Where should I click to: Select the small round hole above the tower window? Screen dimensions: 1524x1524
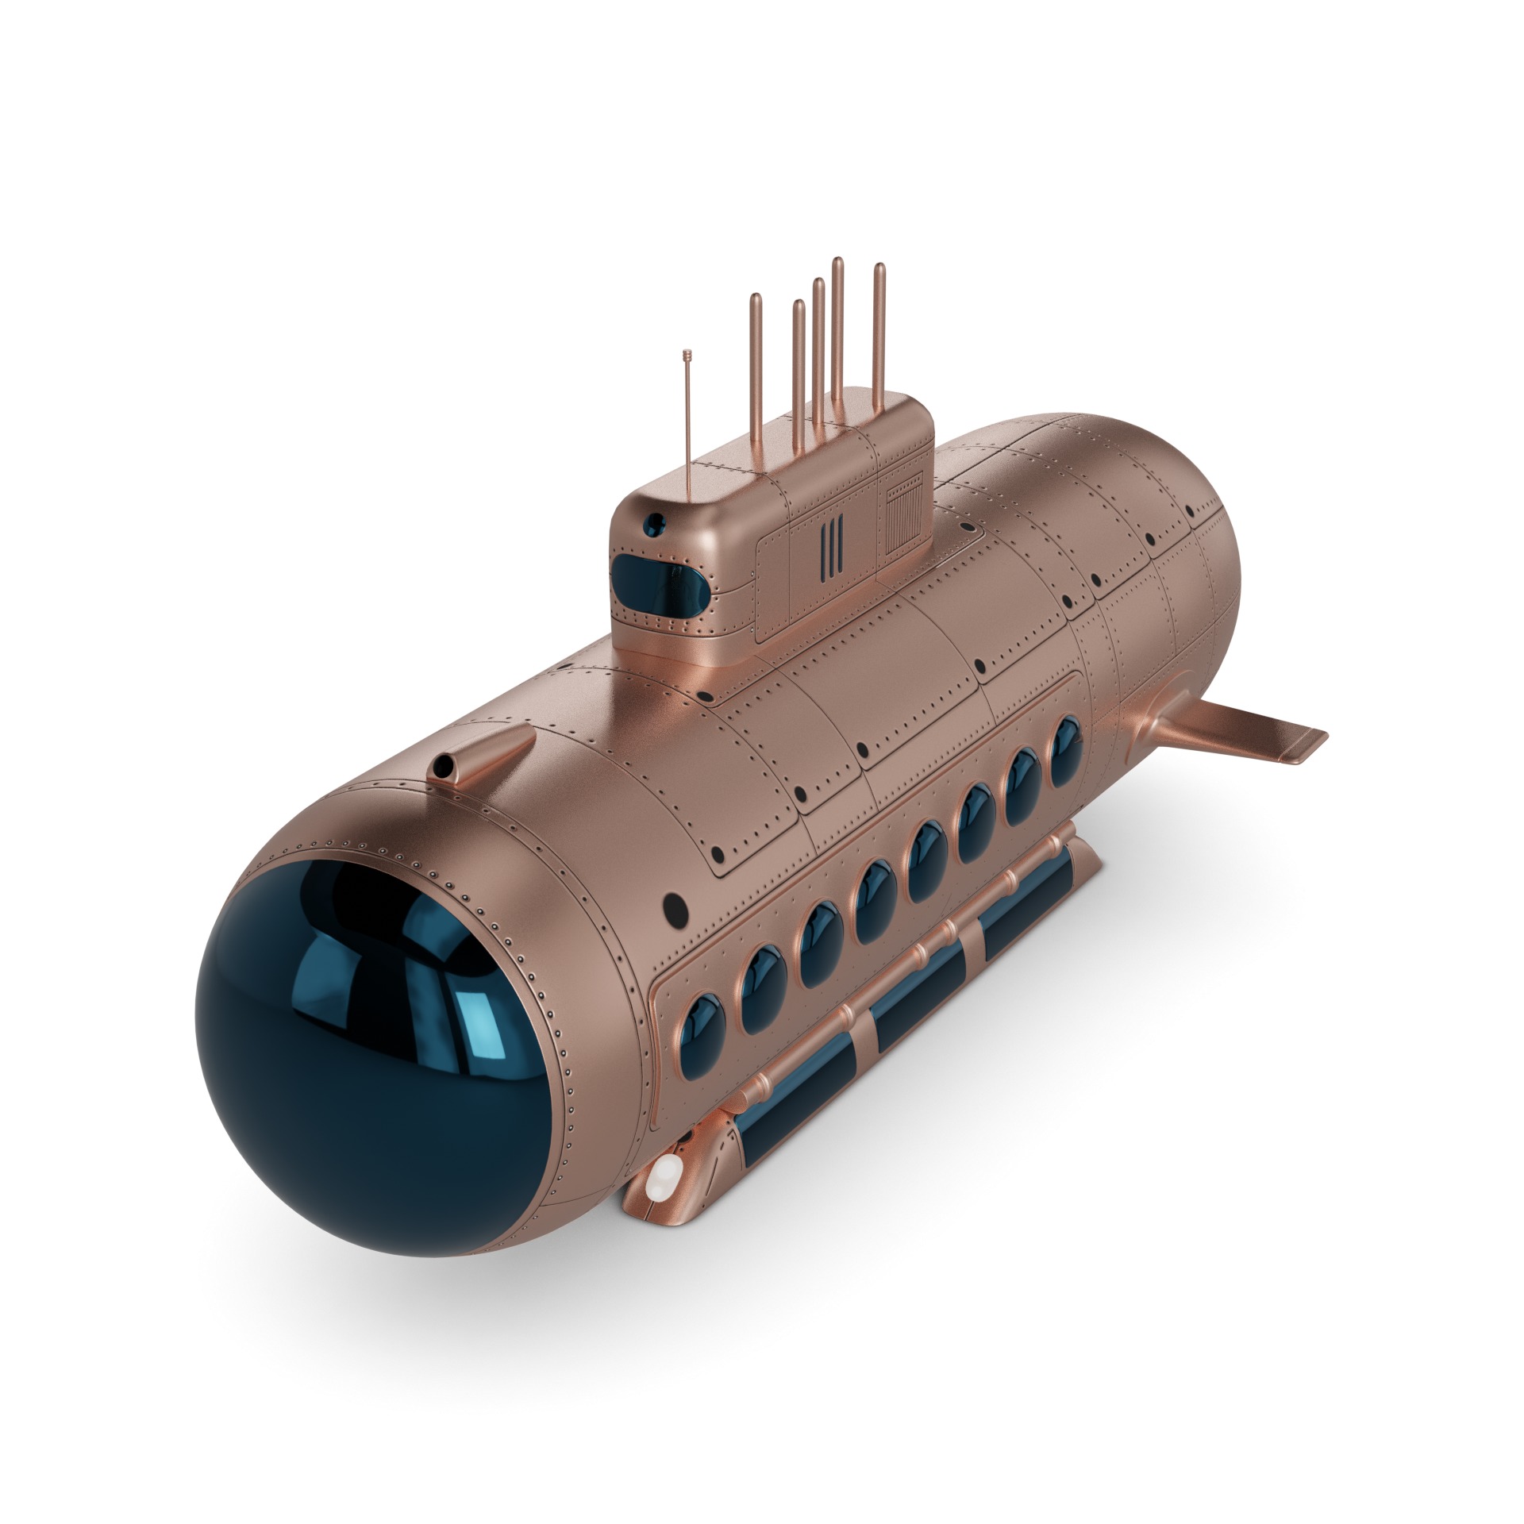pos(656,521)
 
